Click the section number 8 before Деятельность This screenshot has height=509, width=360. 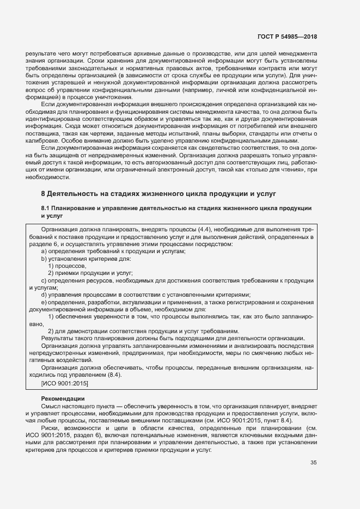[x=44, y=193]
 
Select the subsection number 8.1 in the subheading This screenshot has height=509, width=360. [x=46, y=208]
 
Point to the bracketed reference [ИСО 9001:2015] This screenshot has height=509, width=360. [x=65, y=383]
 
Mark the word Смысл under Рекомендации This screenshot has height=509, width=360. [x=51, y=406]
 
